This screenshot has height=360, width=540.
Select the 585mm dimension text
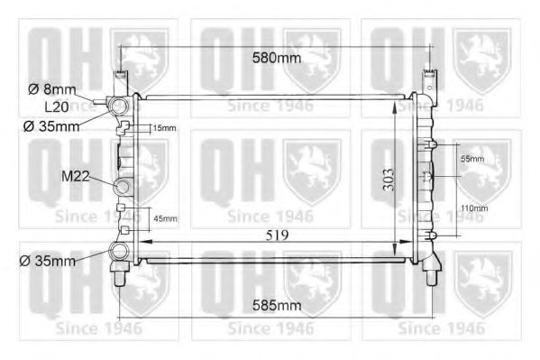tap(275, 306)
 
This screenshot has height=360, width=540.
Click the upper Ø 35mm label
tap(52, 125)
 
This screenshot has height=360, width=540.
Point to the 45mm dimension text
tap(164, 218)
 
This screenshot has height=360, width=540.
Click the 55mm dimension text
tap(471, 159)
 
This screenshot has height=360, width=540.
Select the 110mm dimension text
tap(473, 208)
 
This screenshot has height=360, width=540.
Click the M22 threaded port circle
tap(123, 188)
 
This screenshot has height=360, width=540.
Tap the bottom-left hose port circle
tap(118, 253)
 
